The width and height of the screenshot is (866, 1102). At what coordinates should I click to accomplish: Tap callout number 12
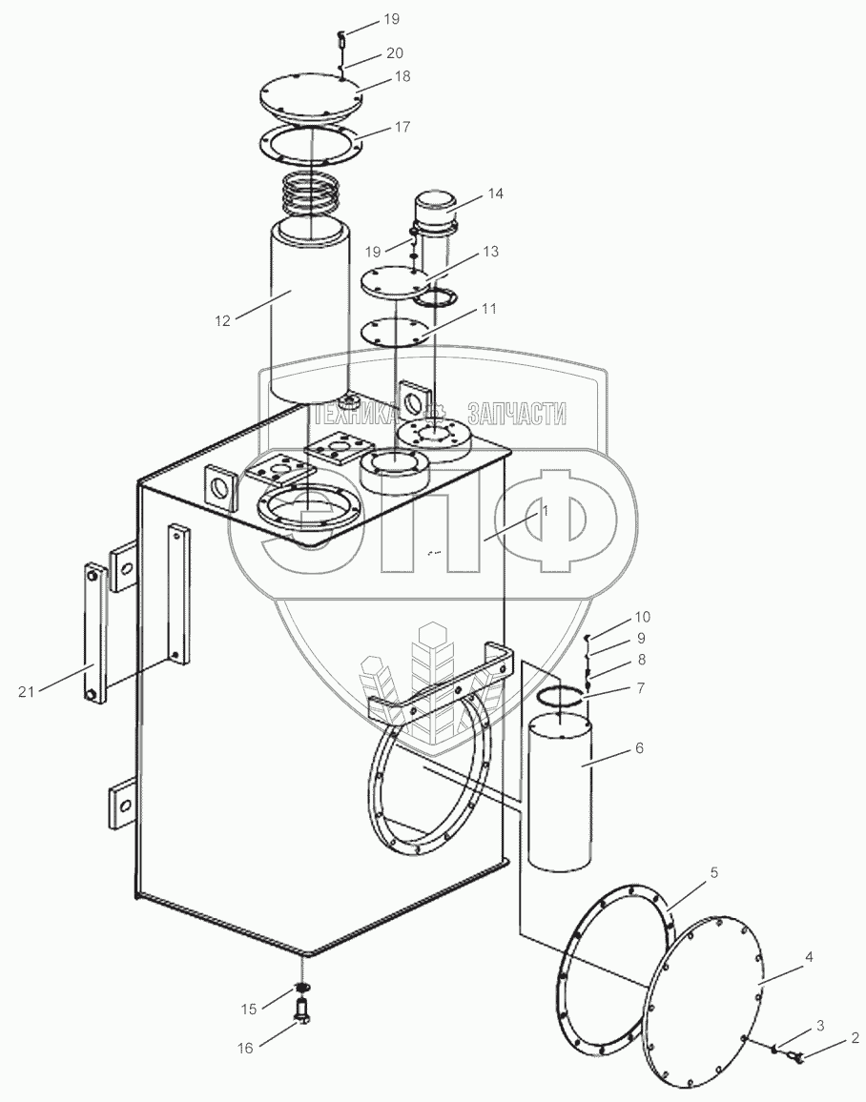click(x=222, y=321)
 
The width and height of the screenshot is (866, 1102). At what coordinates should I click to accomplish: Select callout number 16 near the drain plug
click(x=245, y=1048)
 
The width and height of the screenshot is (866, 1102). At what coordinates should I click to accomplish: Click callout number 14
click(x=494, y=194)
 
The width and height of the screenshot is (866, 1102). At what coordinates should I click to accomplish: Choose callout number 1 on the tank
click(x=545, y=511)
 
